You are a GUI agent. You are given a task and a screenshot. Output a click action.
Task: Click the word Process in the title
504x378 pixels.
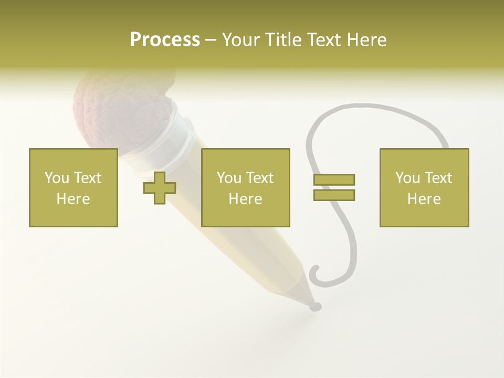pyautogui.click(x=165, y=40)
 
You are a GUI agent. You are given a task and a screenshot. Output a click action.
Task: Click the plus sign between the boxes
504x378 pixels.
pyautogui.click(x=160, y=188)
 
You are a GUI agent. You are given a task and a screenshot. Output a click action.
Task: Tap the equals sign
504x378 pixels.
pyautogui.click(x=334, y=187)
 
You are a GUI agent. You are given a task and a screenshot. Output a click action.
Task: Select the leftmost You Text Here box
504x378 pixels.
pyautogui.click(x=73, y=188)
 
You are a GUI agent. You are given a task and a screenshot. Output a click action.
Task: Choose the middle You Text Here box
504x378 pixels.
pyautogui.click(x=246, y=188)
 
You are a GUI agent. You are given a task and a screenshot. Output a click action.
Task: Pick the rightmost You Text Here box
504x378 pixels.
pyautogui.click(x=424, y=188)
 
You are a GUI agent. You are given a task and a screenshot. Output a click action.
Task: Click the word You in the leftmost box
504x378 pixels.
pyautogui.click(x=57, y=178)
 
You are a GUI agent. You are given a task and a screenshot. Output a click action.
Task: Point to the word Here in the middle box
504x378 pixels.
pyautogui.click(x=246, y=199)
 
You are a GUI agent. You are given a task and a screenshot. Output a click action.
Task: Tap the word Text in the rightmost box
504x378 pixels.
pyautogui.click(x=437, y=178)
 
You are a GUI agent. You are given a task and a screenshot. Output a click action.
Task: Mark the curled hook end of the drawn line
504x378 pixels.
pyautogui.click(x=316, y=274)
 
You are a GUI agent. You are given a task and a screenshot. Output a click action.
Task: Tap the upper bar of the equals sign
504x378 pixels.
pyautogui.click(x=334, y=180)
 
